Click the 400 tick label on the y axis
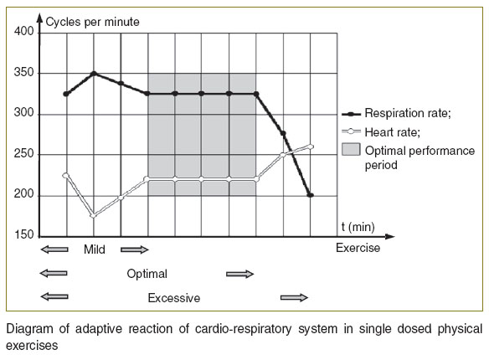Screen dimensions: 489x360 24,32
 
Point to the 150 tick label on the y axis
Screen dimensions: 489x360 24,234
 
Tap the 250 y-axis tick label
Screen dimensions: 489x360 24,153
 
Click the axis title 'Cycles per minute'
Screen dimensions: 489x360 92,22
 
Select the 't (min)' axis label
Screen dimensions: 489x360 358,227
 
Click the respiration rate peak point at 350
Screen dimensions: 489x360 94,74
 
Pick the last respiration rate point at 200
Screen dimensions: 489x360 311,195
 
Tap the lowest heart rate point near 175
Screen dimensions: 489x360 94,215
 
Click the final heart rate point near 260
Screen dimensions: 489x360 311,147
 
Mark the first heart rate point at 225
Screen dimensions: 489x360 65,176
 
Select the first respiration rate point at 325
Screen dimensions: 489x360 66,94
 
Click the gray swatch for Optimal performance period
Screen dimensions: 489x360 351,149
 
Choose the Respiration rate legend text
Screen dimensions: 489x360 408,113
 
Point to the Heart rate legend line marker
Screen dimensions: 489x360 351,131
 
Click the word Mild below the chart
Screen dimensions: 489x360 95,249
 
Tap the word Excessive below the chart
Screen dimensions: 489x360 174,298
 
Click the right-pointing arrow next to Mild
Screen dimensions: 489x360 135,249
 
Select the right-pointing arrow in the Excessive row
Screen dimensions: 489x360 294,297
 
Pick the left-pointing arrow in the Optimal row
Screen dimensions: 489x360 54,274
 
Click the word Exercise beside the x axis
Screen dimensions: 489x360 358,248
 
